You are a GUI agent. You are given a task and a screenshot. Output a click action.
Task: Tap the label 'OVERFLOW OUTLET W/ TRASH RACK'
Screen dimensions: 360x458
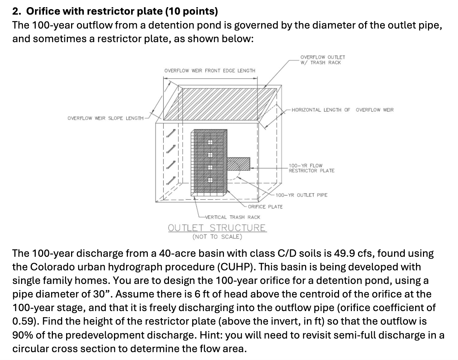click(323, 60)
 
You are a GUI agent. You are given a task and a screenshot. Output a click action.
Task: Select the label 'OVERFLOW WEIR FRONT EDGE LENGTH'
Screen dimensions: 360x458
click(210, 71)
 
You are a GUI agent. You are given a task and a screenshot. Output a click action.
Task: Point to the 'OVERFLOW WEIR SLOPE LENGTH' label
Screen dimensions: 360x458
click(105, 118)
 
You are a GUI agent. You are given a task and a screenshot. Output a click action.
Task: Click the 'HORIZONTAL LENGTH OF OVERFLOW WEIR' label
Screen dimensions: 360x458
click(342, 110)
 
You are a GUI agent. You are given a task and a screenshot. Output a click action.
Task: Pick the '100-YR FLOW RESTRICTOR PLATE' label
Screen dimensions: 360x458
click(311, 168)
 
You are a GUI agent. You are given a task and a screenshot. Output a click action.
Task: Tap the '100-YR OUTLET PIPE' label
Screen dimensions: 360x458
click(302, 195)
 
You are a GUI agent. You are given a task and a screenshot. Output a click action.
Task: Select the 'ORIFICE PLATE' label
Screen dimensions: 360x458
click(265, 207)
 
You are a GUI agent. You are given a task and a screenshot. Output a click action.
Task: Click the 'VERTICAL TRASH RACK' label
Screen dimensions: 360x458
click(232, 217)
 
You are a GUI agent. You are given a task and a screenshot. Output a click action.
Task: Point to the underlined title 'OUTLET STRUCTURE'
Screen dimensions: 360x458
click(217, 228)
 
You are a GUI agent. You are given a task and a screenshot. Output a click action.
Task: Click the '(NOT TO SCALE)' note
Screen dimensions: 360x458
click(217, 237)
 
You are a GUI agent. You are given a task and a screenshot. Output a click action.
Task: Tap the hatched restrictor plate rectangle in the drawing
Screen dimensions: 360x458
click(238, 164)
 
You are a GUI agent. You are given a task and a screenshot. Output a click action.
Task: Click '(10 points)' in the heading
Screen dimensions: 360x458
click(191, 11)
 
